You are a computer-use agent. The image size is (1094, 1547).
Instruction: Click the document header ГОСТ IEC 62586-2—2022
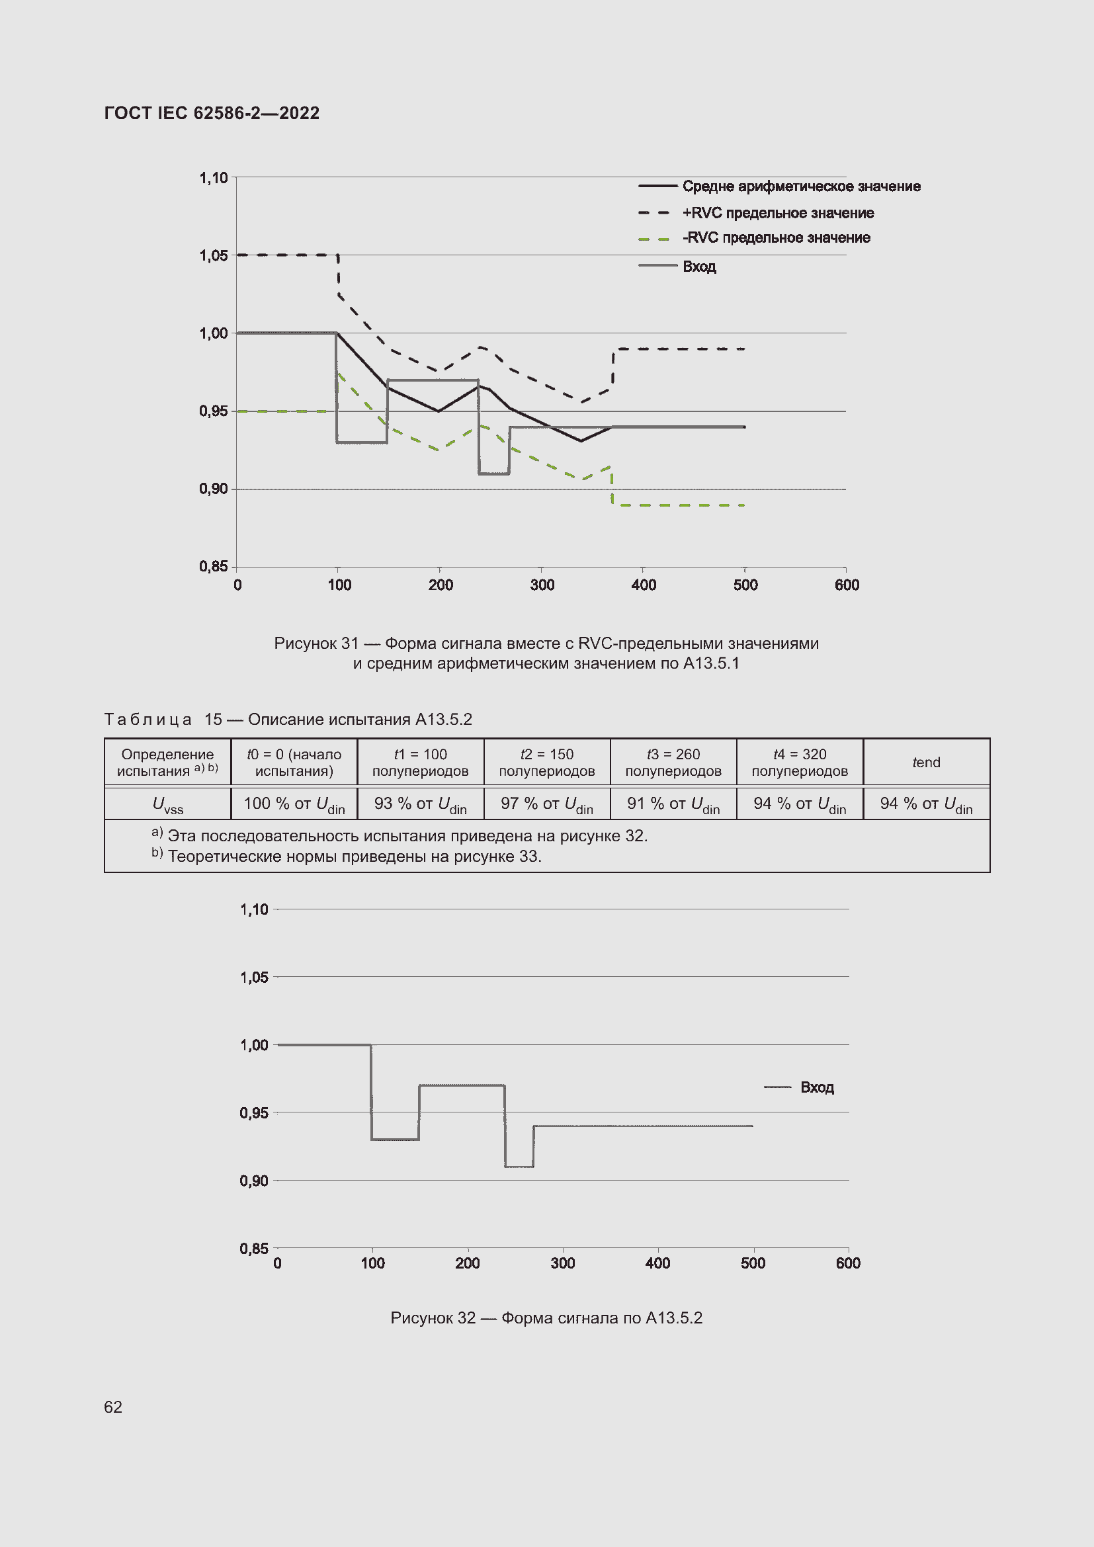coord(212,113)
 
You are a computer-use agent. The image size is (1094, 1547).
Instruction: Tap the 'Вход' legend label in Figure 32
coord(816,1087)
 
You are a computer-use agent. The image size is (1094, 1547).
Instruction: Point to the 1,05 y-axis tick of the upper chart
coord(214,255)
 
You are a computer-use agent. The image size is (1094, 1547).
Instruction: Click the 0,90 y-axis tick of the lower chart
coord(254,1181)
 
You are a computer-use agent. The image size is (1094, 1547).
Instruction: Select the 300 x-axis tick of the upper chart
coord(542,585)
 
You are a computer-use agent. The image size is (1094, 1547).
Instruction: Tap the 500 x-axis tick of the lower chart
coord(753,1263)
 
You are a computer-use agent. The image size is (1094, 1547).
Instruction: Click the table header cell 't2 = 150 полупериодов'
coord(546,763)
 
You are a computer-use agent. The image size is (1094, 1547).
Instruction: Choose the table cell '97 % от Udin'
coord(546,804)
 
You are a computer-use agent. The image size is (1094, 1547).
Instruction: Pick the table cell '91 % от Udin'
coord(673,804)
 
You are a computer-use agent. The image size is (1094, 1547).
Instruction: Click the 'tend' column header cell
coord(925,763)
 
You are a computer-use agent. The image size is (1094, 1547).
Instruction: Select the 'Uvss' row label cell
coord(167,804)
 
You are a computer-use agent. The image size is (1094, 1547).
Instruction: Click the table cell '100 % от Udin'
coord(294,804)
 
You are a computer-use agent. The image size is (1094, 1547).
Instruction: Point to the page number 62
coord(113,1407)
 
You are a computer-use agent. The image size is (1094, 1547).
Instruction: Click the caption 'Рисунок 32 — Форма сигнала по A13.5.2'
coord(546,1318)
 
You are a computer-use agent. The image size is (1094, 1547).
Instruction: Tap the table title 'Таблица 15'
coord(163,720)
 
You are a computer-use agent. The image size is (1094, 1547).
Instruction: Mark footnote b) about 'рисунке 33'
coord(354,857)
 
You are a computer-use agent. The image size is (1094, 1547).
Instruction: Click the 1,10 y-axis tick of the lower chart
coord(254,909)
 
